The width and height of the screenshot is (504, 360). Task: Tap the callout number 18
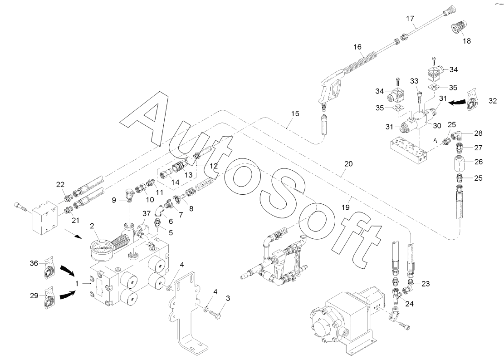466,41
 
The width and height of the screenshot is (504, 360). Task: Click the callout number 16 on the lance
358,47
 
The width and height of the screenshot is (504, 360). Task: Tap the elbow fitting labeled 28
460,134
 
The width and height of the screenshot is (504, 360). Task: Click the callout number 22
60,184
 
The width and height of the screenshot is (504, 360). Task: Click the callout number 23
425,284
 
